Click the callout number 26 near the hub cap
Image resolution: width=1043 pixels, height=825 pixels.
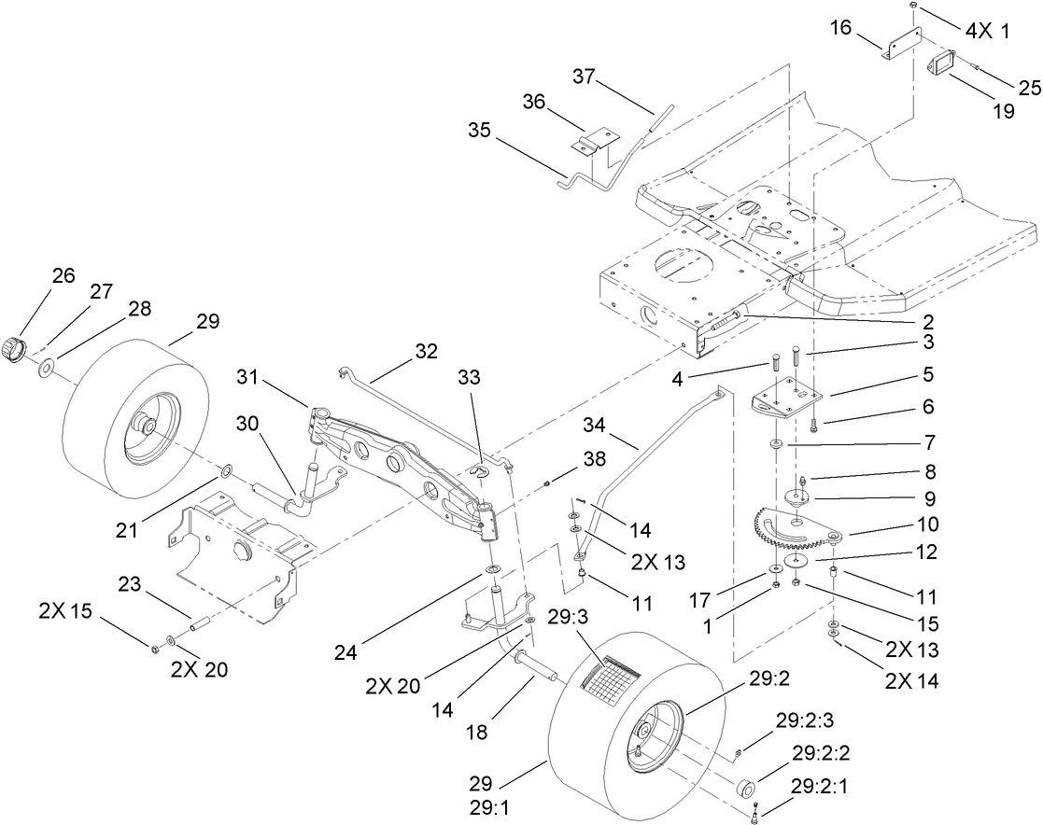pyautogui.click(x=63, y=275)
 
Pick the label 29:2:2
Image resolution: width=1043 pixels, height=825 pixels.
pyautogui.click(x=821, y=752)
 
